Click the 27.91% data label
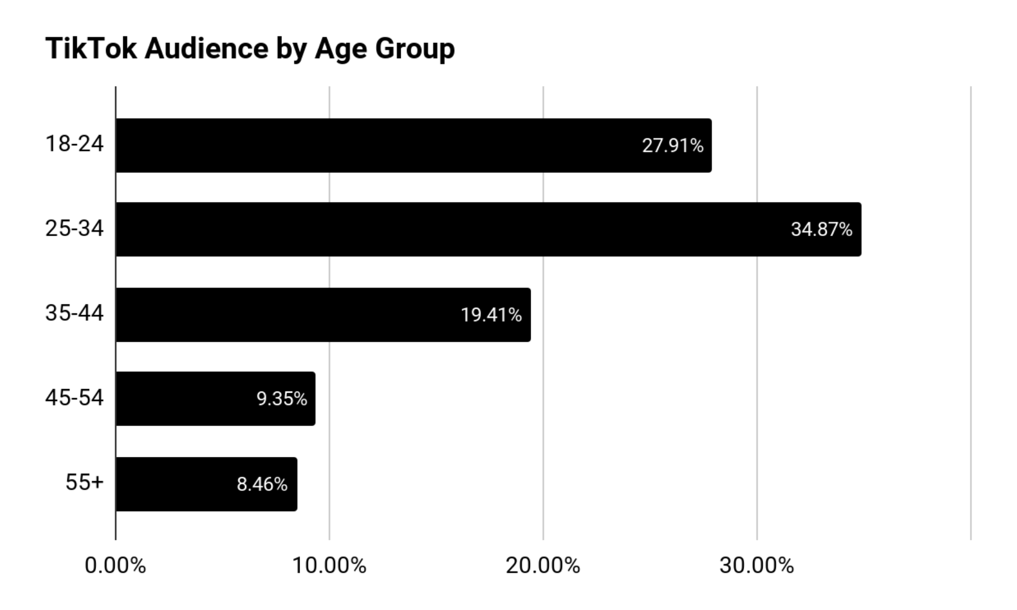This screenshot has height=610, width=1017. [x=672, y=146]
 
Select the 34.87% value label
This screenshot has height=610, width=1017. [x=821, y=229]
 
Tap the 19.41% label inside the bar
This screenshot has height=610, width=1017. [x=491, y=315]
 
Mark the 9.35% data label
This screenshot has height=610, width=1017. [x=281, y=399]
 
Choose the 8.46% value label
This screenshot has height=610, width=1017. [x=262, y=484]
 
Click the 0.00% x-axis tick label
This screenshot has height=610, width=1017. [x=115, y=565]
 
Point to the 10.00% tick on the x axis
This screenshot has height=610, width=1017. [x=329, y=565]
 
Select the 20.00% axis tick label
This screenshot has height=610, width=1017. [x=542, y=565]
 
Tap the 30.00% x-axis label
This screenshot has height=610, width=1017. [x=757, y=565]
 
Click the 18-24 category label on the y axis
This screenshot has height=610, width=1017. [x=75, y=144]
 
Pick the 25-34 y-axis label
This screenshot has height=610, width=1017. [x=75, y=228]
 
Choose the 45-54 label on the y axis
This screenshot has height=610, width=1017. [x=75, y=398]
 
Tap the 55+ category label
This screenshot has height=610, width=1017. [x=85, y=482]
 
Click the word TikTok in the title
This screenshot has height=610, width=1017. [x=91, y=48]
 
